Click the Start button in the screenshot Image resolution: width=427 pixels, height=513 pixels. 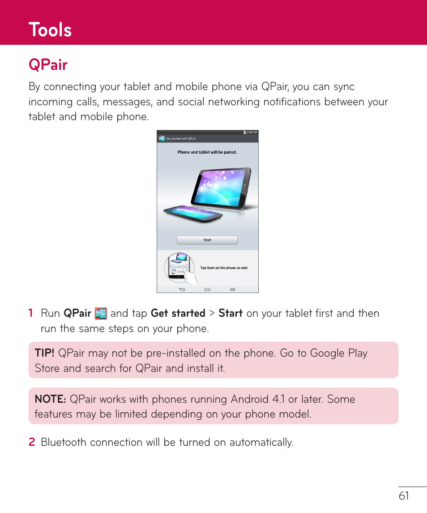click(207, 240)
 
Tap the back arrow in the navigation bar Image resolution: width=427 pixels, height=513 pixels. click(182, 290)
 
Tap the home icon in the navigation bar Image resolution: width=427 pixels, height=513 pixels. click(207, 290)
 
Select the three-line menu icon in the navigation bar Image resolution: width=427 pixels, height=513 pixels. click(233, 290)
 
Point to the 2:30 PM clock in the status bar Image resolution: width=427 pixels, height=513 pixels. click(252, 133)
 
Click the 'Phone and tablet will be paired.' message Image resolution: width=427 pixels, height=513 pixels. click(207, 152)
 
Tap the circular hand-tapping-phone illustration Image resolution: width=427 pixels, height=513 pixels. click(179, 268)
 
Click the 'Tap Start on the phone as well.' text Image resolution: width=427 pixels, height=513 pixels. click(224, 268)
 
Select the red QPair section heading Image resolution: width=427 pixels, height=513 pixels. click(48, 65)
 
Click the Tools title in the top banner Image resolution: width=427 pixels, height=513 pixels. click(50, 30)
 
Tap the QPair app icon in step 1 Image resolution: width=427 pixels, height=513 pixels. click(101, 314)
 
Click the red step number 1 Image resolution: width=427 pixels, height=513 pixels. click(31, 313)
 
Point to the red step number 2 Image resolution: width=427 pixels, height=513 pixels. click(31, 442)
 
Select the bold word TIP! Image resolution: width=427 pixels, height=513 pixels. click(44, 353)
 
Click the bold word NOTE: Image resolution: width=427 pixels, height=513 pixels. click(51, 399)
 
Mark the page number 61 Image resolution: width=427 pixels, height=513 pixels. click(404, 496)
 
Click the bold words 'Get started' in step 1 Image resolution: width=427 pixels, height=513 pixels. click(178, 313)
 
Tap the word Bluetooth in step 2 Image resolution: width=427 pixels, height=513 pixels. click(64, 442)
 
